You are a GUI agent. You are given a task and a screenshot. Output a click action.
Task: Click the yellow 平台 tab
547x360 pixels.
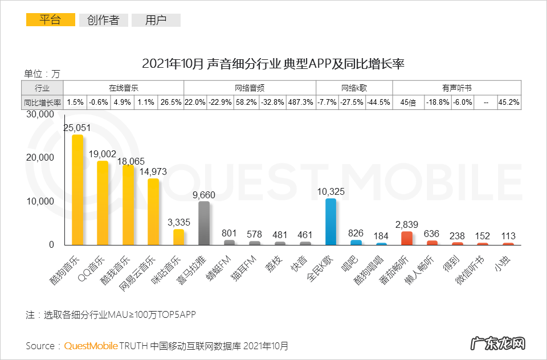tap(50, 21)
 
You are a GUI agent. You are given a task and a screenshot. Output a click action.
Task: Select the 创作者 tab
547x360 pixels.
tap(103, 21)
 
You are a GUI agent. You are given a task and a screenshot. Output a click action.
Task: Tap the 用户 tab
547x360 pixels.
tap(156, 21)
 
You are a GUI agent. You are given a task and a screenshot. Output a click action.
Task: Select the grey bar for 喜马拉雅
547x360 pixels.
tap(204, 223)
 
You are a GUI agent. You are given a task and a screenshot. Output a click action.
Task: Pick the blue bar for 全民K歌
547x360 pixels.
tap(330, 222)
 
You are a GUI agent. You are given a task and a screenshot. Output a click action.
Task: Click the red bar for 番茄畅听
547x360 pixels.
tap(407, 238)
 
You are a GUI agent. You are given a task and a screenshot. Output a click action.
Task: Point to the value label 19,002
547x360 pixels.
tap(103, 154)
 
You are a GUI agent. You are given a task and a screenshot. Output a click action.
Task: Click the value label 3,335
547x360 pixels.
tap(178, 222)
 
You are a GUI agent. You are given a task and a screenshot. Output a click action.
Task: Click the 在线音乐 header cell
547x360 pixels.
tap(124, 88)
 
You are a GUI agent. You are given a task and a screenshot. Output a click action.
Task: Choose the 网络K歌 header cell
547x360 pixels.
tap(354, 88)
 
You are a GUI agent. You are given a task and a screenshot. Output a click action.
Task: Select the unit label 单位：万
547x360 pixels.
tap(42, 73)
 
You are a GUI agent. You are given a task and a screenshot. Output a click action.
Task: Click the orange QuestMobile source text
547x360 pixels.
tap(91, 346)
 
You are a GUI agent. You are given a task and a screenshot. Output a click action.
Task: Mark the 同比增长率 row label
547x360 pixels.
tap(42, 103)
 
